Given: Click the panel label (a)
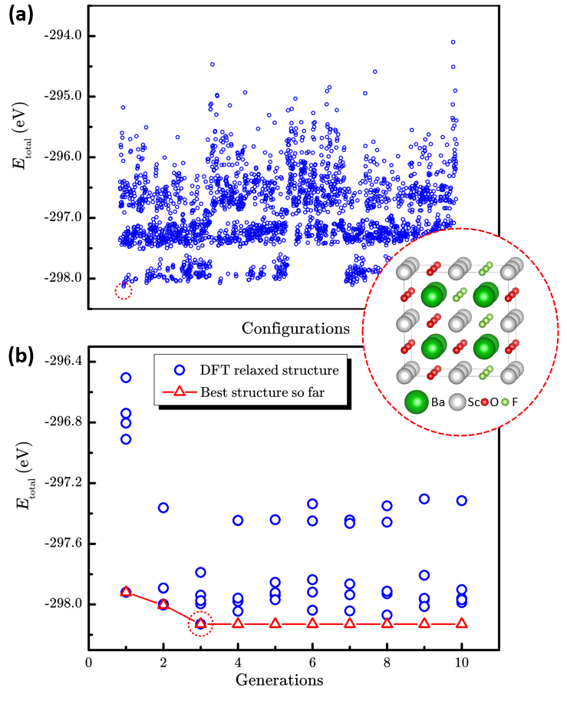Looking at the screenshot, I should pyautogui.click(x=21, y=15).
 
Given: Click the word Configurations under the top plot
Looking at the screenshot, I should pyautogui.click(x=296, y=329).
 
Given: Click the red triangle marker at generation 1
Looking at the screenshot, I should pyautogui.click(x=126, y=591).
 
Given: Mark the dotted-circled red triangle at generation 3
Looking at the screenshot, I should pyautogui.click(x=201, y=623).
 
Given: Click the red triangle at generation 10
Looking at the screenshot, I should pyautogui.click(x=462, y=623).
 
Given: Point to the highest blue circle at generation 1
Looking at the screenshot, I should pyautogui.click(x=126, y=378).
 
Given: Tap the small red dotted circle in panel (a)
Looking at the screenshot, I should pyautogui.click(x=124, y=290).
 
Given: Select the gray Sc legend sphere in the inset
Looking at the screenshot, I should pyautogui.click(x=458, y=402).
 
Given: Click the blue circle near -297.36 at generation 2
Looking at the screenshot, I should pyautogui.click(x=163, y=508).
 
